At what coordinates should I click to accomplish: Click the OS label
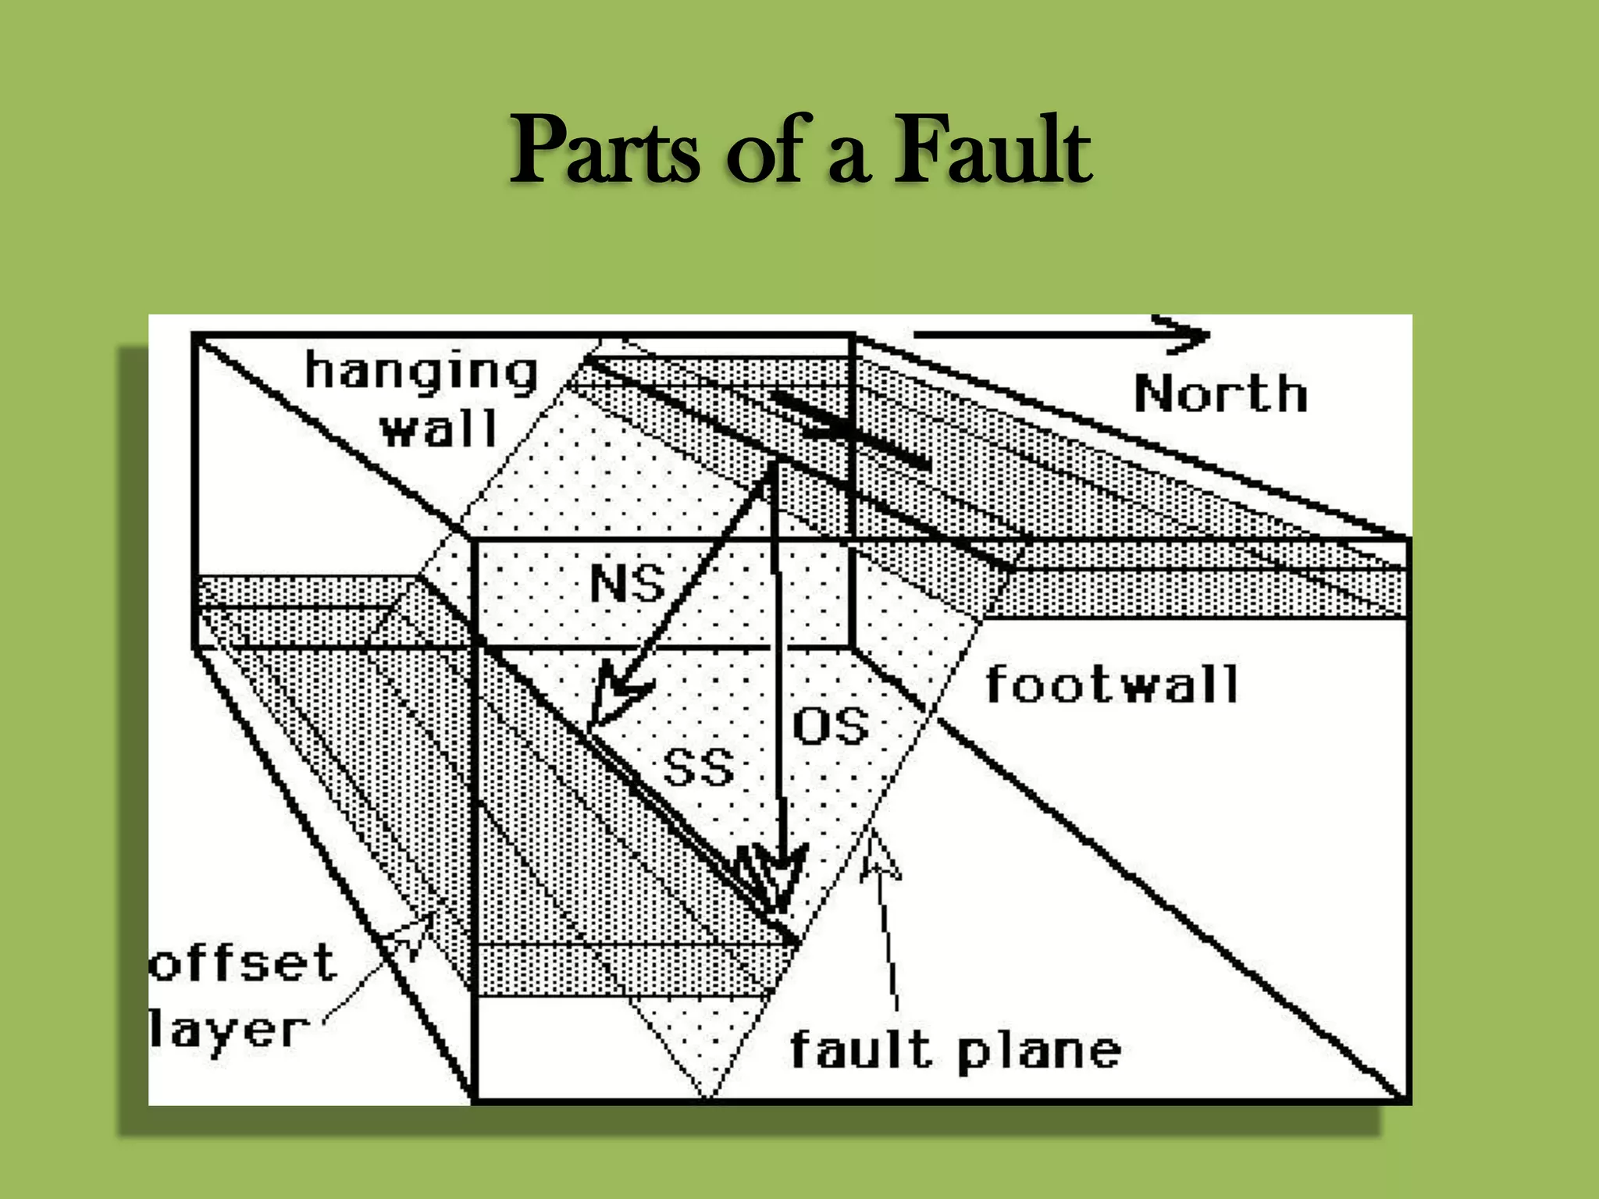tap(830, 725)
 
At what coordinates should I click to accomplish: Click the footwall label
tap(1112, 685)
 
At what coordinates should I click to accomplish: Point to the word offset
tap(242, 962)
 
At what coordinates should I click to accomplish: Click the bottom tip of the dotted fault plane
tap(707, 1095)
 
